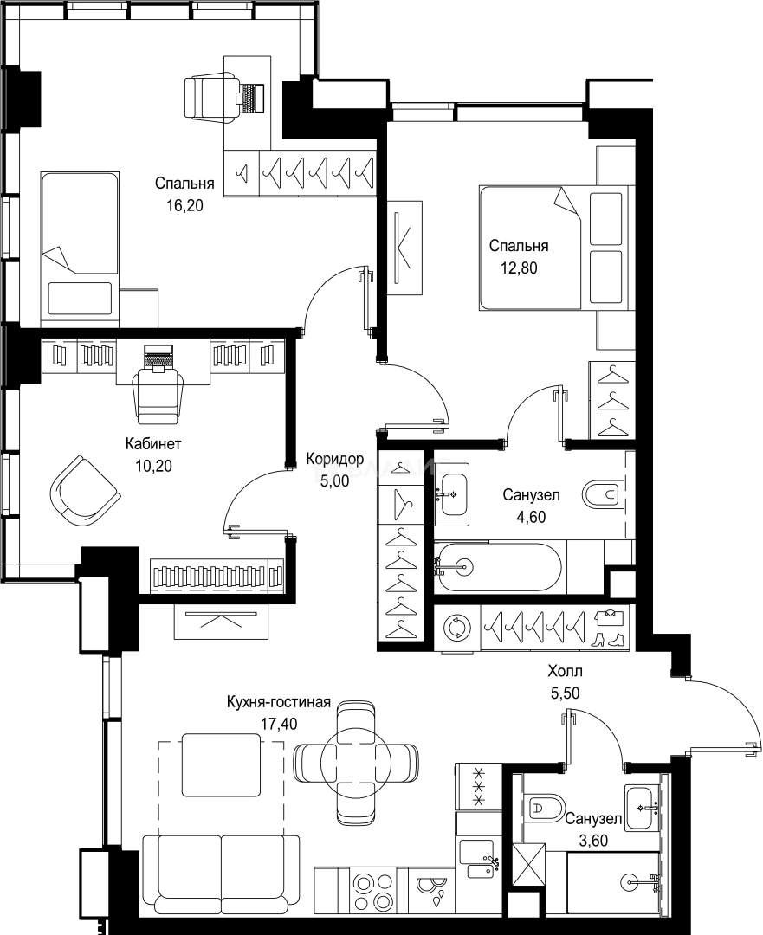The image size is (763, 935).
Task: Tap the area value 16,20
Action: [184, 206]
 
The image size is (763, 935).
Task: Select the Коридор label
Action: [334, 459]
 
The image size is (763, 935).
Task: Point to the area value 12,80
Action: [519, 268]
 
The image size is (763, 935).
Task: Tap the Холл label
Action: [565, 672]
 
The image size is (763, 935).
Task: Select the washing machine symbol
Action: [457, 628]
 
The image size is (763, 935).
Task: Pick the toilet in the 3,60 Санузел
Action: [545, 809]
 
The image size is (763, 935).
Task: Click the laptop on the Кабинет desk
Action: [158, 359]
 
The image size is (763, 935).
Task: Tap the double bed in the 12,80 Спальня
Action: [554, 248]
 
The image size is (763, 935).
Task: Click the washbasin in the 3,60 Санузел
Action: [642, 808]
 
